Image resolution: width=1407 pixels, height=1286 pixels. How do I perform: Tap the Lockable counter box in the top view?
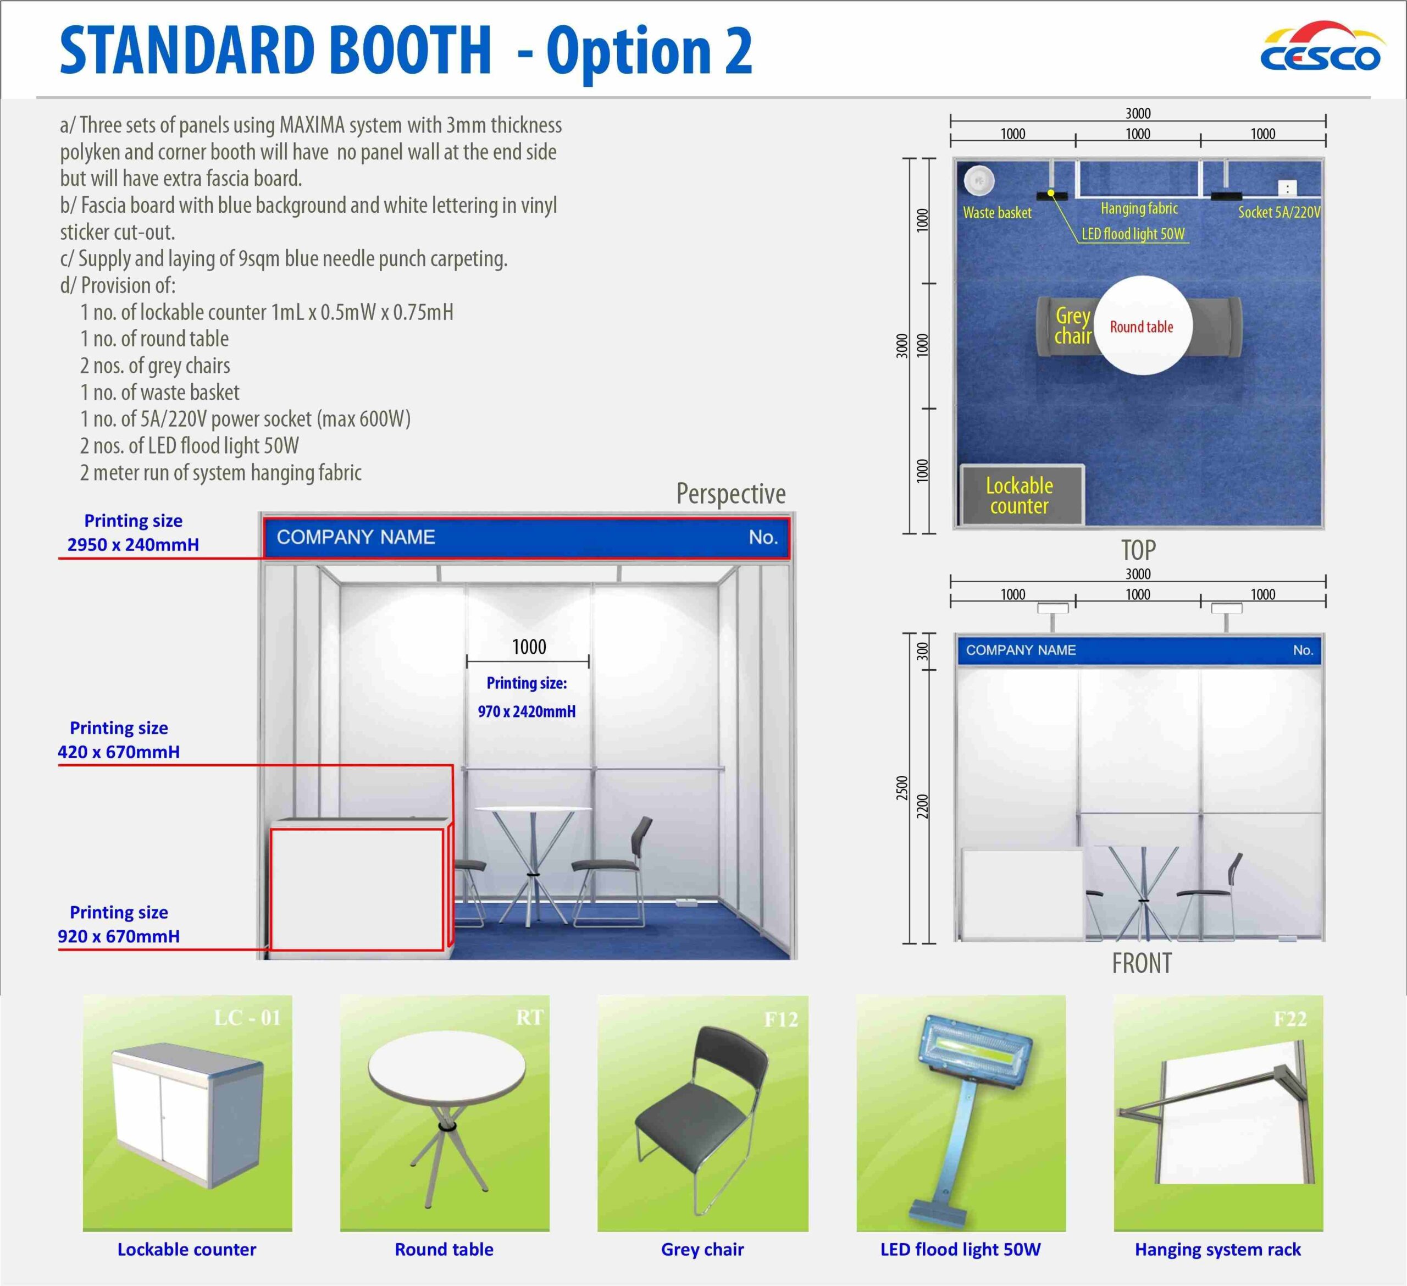click(x=1022, y=495)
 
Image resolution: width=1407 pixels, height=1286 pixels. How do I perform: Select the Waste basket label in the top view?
click(x=996, y=213)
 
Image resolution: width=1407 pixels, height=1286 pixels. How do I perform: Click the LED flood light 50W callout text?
click(x=1133, y=234)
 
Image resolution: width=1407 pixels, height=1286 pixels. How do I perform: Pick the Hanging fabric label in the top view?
click(x=1139, y=208)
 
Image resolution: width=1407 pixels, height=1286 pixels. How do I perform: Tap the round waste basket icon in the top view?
click(x=979, y=180)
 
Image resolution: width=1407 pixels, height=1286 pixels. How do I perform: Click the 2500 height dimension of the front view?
click(x=902, y=788)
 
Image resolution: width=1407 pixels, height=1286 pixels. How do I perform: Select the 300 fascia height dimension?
click(x=923, y=652)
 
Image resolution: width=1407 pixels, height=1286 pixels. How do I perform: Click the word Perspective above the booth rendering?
click(x=731, y=494)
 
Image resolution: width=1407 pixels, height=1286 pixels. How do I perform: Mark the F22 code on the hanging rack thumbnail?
click(x=1290, y=1019)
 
